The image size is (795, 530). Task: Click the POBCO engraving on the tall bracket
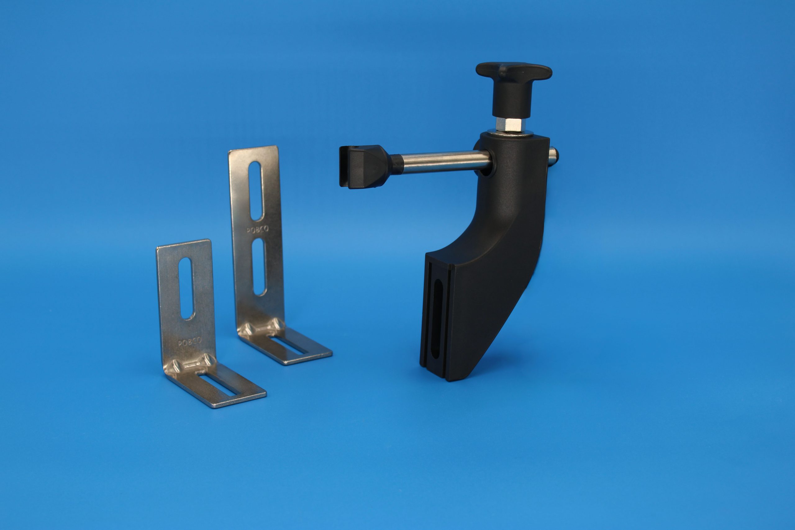pyautogui.click(x=257, y=229)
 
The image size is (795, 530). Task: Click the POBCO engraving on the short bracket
pyautogui.click(x=190, y=342)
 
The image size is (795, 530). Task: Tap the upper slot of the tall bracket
pyautogui.click(x=256, y=191)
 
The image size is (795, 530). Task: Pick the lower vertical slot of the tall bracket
pyautogui.click(x=259, y=267)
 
